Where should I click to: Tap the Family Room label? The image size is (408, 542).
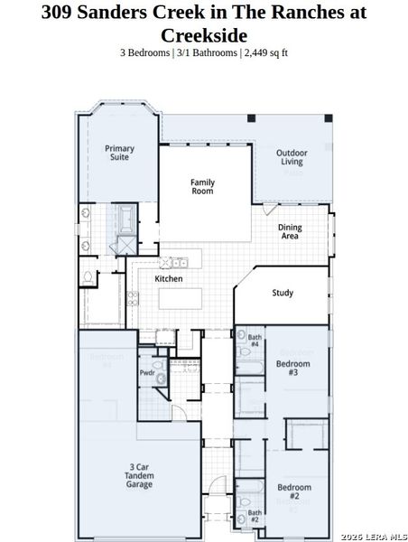202,187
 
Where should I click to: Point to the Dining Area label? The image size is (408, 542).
289,231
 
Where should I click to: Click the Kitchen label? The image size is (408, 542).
169,279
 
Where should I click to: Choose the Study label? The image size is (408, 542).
283,293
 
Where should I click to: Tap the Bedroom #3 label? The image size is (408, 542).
292,368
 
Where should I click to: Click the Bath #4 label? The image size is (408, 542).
255,340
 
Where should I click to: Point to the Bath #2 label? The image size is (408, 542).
255,517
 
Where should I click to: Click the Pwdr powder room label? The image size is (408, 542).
146,372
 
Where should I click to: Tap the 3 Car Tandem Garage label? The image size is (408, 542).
133,475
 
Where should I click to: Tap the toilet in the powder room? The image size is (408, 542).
161,379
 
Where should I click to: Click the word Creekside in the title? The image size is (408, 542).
203,35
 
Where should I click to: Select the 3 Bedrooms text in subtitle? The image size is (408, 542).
144,52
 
